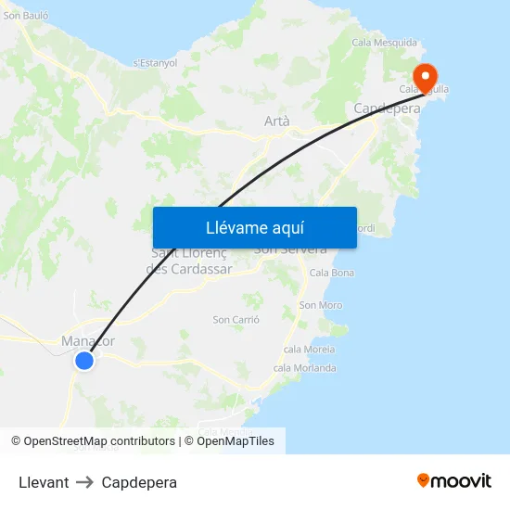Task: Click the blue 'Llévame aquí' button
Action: click(x=254, y=227)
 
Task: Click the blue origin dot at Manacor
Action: click(x=84, y=361)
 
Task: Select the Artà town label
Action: click(x=276, y=121)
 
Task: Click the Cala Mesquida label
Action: click(x=386, y=43)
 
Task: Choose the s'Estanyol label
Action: click(x=155, y=63)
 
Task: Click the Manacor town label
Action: click(x=88, y=340)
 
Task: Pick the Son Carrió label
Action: click(x=236, y=320)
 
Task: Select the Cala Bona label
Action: click(x=331, y=273)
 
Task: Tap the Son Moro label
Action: click(x=320, y=305)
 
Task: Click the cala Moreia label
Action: click(x=309, y=350)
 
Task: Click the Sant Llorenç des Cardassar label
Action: click(x=189, y=261)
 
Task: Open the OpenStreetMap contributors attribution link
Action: click(x=99, y=441)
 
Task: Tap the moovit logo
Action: click(x=453, y=480)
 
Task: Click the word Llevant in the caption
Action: click(x=44, y=482)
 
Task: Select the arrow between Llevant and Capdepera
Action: click(x=85, y=482)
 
